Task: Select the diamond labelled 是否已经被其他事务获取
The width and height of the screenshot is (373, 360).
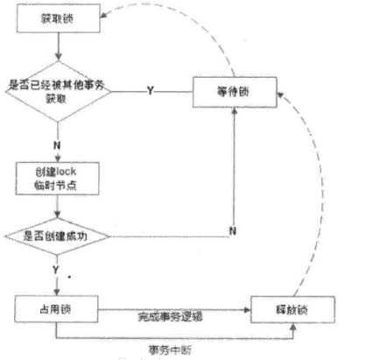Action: click(57, 91)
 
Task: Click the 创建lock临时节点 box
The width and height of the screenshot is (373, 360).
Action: click(57, 177)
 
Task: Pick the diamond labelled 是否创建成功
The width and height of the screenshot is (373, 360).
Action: click(57, 236)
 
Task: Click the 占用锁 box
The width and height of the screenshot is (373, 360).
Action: click(57, 310)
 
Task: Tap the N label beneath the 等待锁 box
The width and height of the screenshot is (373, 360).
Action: click(233, 229)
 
